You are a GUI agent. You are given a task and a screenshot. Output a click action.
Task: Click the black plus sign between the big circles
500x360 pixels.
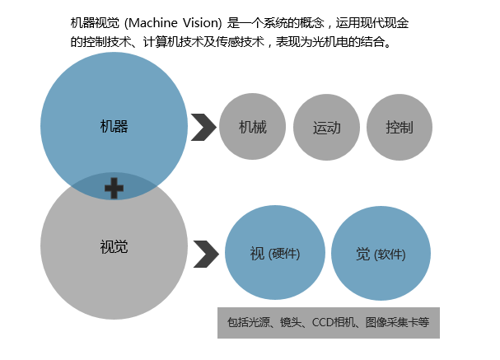(x=114, y=189)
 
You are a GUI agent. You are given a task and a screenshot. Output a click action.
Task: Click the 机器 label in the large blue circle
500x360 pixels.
(x=114, y=126)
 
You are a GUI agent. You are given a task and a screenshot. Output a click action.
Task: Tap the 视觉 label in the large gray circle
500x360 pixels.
(x=114, y=246)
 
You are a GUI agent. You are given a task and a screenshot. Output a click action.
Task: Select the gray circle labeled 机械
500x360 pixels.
(x=252, y=128)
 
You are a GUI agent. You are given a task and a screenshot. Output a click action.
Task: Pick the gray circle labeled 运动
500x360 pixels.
(x=326, y=128)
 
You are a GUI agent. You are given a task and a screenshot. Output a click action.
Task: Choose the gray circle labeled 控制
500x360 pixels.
(x=399, y=128)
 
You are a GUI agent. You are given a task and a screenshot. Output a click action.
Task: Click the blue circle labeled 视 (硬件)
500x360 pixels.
(x=274, y=254)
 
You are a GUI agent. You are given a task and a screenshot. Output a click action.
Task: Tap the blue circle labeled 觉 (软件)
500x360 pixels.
(x=381, y=254)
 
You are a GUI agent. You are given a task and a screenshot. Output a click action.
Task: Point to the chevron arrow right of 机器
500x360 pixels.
(x=203, y=128)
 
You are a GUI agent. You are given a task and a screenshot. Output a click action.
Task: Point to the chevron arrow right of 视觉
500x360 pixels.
(x=206, y=254)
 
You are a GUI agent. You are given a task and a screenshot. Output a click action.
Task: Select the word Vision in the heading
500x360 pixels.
(x=203, y=23)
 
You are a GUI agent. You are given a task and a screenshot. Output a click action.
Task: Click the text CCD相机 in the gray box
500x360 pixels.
(x=329, y=322)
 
